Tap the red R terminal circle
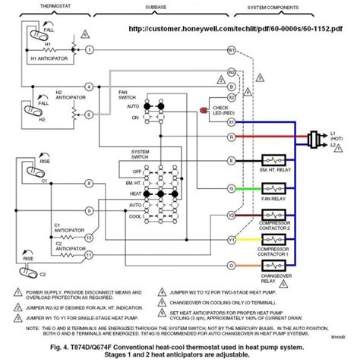232,138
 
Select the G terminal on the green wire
232,187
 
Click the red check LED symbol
202,110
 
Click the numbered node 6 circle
89,114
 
